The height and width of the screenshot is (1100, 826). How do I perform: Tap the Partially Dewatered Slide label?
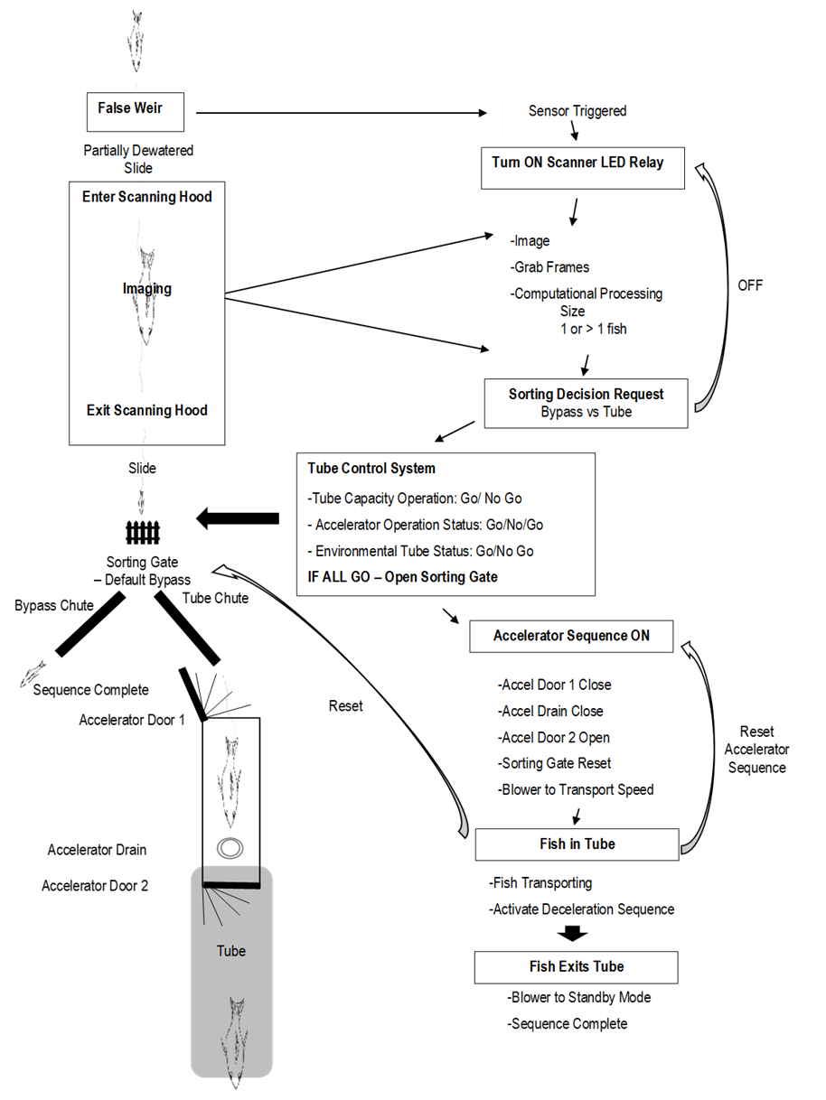tap(138, 159)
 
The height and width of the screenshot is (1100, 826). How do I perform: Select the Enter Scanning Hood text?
tap(146, 197)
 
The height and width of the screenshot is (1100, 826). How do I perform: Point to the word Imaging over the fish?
tap(146, 289)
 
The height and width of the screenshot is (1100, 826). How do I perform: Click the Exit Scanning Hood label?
tap(146, 410)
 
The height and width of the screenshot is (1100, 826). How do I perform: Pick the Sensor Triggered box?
tap(577, 111)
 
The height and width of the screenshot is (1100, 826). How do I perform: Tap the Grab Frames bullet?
tap(550, 267)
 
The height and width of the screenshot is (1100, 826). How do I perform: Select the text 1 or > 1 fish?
tap(593, 329)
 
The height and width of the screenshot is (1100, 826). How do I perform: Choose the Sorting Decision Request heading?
tap(586, 394)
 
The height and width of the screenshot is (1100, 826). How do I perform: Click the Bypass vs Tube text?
tap(586, 412)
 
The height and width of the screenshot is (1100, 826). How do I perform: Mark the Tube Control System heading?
tap(371, 469)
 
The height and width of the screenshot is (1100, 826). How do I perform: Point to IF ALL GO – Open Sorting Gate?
tap(403, 577)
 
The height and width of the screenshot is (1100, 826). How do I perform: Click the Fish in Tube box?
tap(577, 844)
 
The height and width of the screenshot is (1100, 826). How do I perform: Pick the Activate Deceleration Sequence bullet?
tap(582, 909)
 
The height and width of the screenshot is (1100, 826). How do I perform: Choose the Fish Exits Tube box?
tap(577, 966)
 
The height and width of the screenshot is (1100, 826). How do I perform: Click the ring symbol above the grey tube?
tap(230, 848)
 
